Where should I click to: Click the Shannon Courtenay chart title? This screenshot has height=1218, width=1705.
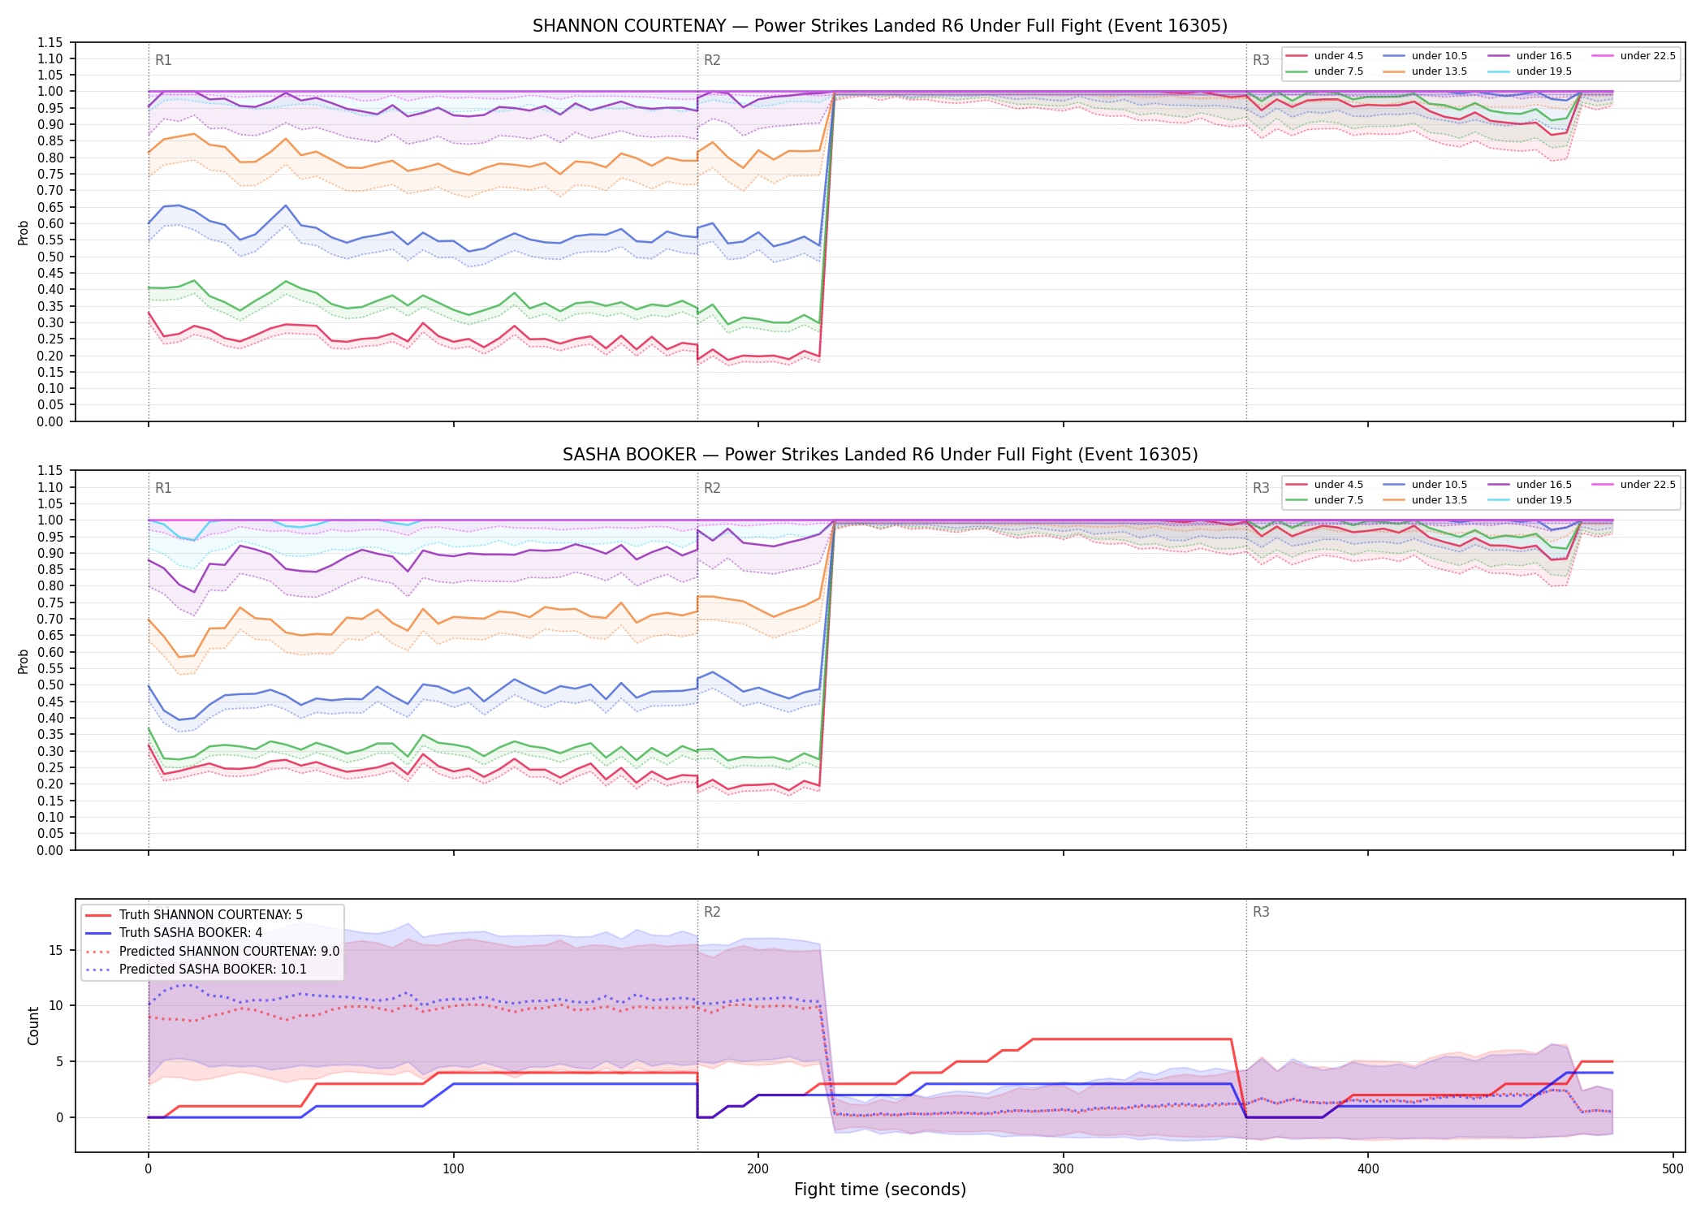879,26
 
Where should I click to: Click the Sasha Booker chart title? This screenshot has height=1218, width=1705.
880,455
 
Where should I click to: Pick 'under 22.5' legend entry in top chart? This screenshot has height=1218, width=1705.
1634,56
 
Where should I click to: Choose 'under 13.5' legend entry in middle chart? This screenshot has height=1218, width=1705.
1425,500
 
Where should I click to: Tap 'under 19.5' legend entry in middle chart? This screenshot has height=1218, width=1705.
1530,500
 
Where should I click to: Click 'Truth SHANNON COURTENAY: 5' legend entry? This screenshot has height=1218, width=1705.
194,915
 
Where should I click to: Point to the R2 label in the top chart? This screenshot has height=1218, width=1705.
712,60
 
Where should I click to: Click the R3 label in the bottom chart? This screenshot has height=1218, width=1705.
1261,912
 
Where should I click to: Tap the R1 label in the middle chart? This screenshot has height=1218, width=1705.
163,488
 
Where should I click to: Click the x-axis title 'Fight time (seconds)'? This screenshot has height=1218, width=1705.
880,1190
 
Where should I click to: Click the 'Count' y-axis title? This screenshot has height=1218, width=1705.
33,1026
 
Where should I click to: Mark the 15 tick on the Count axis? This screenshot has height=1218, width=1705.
56,950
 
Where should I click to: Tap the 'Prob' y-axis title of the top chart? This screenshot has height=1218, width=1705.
24,232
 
